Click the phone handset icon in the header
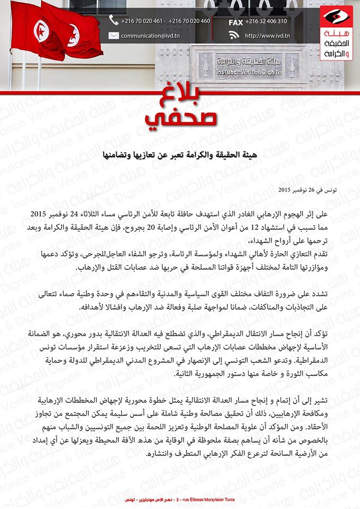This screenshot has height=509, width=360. [x=113, y=21]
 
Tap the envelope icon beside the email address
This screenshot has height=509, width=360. [x=113, y=36]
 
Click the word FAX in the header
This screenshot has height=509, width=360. [x=236, y=22]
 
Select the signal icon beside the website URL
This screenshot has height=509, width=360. [x=234, y=36]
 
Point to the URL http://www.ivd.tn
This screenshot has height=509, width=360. [x=267, y=36]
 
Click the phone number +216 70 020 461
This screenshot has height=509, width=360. [x=142, y=21]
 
